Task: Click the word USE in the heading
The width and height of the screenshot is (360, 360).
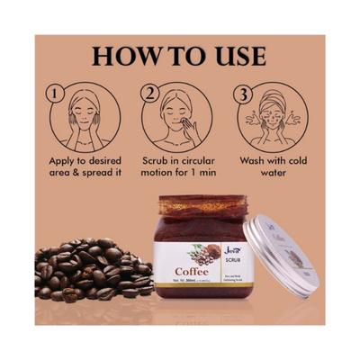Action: tap(239, 56)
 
